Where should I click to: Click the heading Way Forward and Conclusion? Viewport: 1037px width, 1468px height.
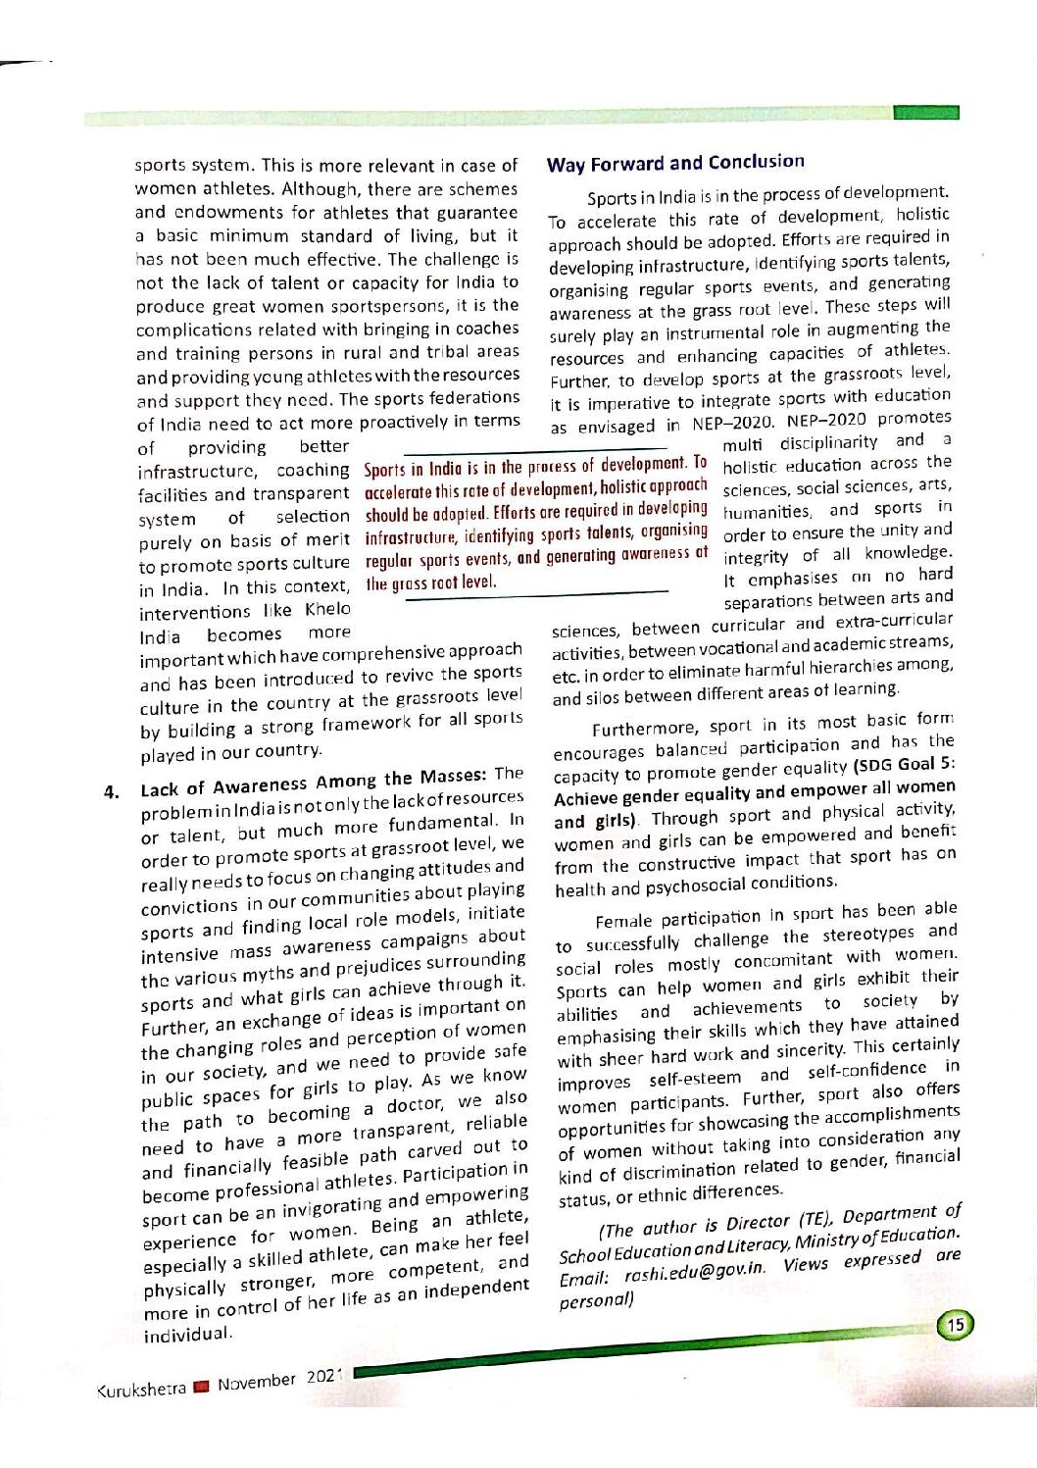pyautogui.click(x=675, y=163)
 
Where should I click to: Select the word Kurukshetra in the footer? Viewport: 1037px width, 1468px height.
pyautogui.click(x=141, y=1390)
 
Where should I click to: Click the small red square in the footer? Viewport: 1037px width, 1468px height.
pyautogui.click(x=201, y=1387)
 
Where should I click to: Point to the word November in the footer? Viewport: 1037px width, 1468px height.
pyautogui.click(x=256, y=1383)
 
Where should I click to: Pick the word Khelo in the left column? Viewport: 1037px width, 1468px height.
pyautogui.click(x=327, y=609)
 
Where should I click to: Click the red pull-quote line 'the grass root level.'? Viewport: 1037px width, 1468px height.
pyautogui.click(x=430, y=582)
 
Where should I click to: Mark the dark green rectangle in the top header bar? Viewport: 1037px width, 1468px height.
pyautogui.click(x=925, y=113)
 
